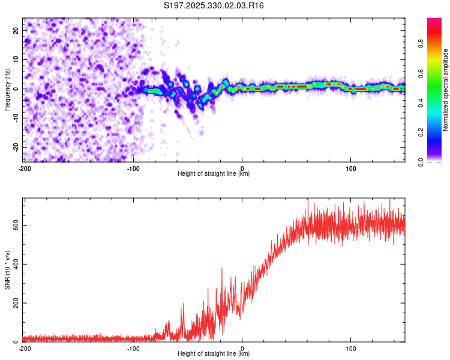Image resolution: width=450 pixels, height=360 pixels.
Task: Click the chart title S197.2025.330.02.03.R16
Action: pyautogui.click(x=214, y=5)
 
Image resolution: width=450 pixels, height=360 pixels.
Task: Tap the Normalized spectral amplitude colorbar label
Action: pyautogui.click(x=445, y=90)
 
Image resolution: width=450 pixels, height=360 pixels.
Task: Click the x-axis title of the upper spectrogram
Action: pyautogui.click(x=214, y=173)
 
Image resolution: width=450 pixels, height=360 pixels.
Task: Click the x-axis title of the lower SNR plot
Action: pyautogui.click(x=214, y=353)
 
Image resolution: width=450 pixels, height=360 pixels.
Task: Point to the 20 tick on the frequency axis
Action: pyautogui.click(x=16, y=30)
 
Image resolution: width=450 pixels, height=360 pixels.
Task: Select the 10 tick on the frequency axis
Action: pyautogui.click(x=16, y=59)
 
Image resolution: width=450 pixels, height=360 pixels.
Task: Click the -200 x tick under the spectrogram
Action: pyautogui.click(x=25, y=167)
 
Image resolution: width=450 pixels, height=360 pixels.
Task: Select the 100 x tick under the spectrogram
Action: pyautogui.click(x=351, y=167)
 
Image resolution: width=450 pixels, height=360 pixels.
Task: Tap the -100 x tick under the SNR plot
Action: pyautogui.click(x=133, y=348)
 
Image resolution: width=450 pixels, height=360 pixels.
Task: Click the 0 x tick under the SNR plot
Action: pyautogui.click(x=242, y=348)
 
